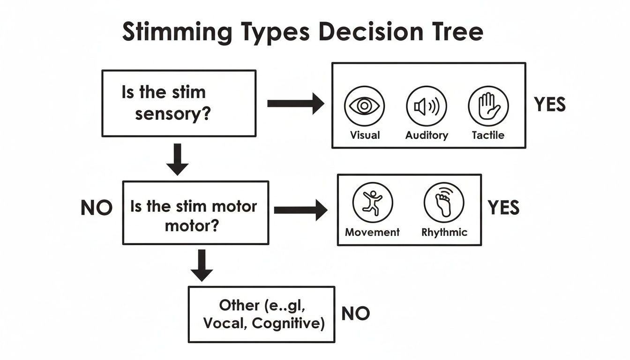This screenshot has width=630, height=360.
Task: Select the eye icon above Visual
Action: point(364,106)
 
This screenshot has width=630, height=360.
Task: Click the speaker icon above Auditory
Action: point(427,106)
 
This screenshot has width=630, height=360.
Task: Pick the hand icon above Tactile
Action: point(488,106)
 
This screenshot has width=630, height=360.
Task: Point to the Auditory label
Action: point(427,135)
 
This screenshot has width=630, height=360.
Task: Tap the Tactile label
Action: point(488,135)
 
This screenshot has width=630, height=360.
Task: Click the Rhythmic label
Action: point(444,232)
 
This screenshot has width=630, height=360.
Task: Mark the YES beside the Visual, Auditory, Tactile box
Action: point(550,105)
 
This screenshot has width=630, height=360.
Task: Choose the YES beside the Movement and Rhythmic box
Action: point(503,208)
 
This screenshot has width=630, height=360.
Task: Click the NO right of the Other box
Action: point(356,314)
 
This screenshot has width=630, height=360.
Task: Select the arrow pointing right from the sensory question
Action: point(295,103)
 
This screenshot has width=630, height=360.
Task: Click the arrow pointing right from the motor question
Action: point(300,210)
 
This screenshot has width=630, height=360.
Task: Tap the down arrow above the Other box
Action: point(202,265)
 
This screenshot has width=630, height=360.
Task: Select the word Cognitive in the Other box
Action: point(288,324)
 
